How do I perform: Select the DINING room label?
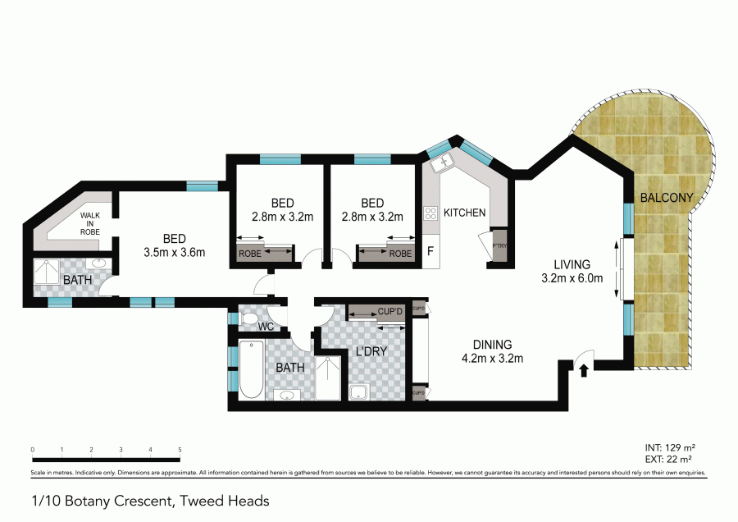(492, 344)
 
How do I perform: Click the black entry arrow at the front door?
(583, 370)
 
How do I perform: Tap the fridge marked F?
(430, 252)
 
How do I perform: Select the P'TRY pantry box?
(499, 249)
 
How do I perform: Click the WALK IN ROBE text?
(89, 222)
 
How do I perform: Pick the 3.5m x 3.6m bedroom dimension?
(173, 252)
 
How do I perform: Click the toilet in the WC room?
(252, 318)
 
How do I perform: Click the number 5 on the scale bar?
(180, 450)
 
